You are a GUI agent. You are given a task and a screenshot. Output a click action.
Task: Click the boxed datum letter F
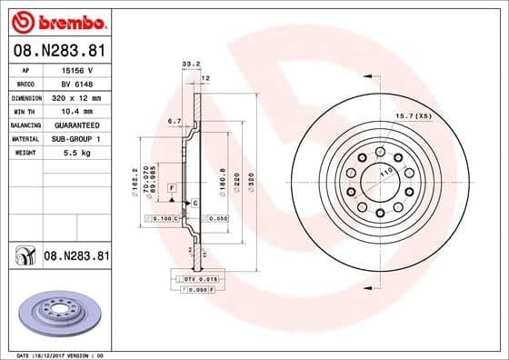point(170,186)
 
